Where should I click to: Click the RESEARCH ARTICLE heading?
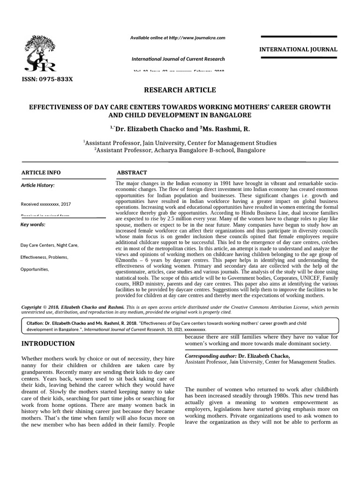click(x=180, y=90)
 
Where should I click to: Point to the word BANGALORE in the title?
click(x=229, y=115)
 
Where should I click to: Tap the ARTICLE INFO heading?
click(x=41, y=172)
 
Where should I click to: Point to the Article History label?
click(x=38, y=185)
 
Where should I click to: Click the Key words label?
click(x=33, y=225)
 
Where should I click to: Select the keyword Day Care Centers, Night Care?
click(x=50, y=245)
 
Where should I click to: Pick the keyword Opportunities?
click(x=35, y=270)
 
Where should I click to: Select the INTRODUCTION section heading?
click(x=48, y=344)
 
